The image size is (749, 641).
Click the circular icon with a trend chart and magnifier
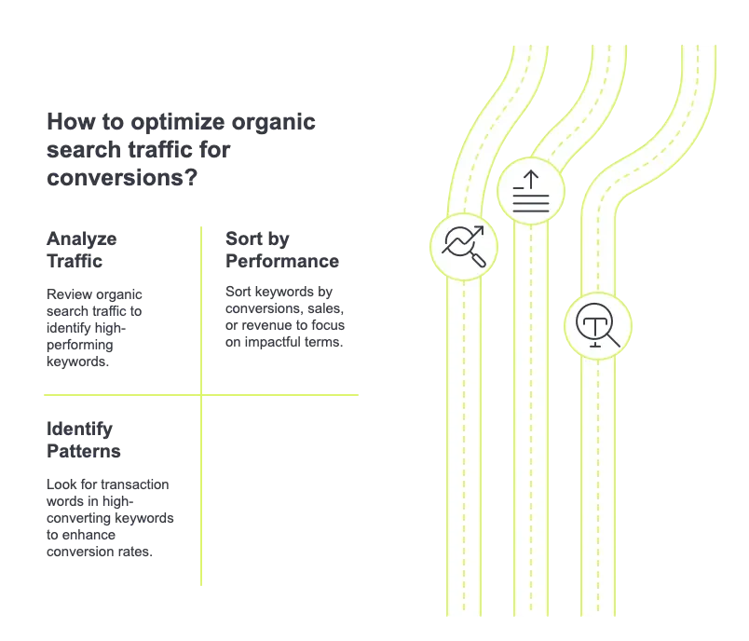(463, 246)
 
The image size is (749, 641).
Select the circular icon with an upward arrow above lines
(531, 192)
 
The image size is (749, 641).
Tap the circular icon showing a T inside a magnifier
(597, 326)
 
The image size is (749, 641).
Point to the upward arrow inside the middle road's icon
(531, 177)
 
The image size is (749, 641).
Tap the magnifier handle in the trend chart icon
(478, 260)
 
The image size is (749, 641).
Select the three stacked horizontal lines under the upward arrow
(531, 203)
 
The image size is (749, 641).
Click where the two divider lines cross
(200, 395)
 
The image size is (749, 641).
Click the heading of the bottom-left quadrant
(86, 443)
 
